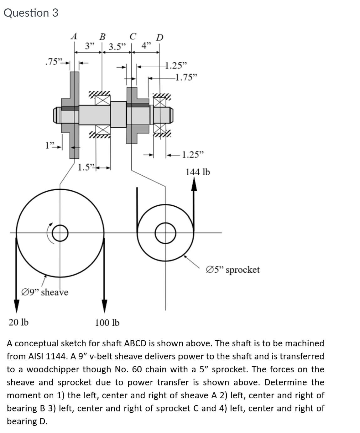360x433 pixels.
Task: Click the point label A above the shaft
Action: pos(74,36)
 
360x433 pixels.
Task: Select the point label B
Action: pos(102,36)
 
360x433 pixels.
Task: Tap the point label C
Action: pos(133,36)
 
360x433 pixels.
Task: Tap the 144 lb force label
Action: pos(198,172)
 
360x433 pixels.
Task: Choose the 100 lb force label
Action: pos(107,322)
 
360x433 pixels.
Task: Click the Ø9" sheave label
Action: pos(44,292)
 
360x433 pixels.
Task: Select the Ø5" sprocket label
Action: pos(233,270)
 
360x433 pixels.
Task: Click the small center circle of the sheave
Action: pos(60,233)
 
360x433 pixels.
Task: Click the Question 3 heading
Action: pos(31,13)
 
